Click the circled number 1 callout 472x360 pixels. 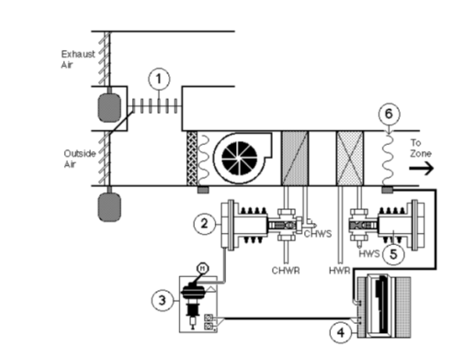click(159, 80)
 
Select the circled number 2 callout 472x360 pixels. click(205, 224)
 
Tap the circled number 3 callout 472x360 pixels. click(162, 300)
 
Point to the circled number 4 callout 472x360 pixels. click(341, 333)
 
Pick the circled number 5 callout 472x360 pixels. click(393, 254)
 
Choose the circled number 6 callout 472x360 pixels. click(389, 114)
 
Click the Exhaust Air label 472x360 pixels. click(78, 59)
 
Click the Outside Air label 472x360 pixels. click(79, 159)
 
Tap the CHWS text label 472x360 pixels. click(318, 234)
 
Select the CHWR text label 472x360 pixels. click(286, 271)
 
